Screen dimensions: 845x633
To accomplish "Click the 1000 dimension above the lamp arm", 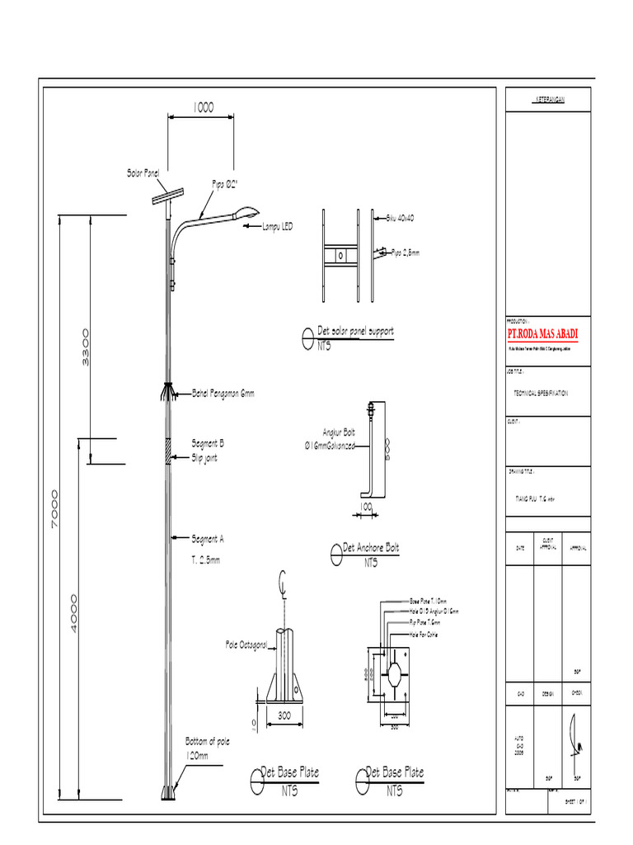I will pyautogui.click(x=203, y=107).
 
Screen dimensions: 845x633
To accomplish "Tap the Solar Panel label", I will pyautogui.click(x=143, y=173).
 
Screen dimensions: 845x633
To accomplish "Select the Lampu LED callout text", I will pyautogui.click(x=277, y=226).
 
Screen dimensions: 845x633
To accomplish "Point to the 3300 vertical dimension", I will pyautogui.click(x=86, y=347).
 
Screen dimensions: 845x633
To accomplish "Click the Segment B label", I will pyautogui.click(x=208, y=443).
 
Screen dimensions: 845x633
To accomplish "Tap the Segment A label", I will pyautogui.click(x=208, y=539).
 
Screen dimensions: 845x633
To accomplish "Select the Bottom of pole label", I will pyautogui.click(x=207, y=741).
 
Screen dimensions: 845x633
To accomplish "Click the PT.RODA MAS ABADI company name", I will pyautogui.click(x=542, y=334).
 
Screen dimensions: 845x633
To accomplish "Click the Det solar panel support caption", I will pyautogui.click(x=355, y=331).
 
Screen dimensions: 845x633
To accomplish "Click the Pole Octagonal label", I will pyautogui.click(x=246, y=644).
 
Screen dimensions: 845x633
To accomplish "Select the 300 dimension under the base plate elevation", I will pyautogui.click(x=284, y=714).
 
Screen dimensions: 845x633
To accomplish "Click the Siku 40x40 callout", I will pyautogui.click(x=400, y=219).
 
